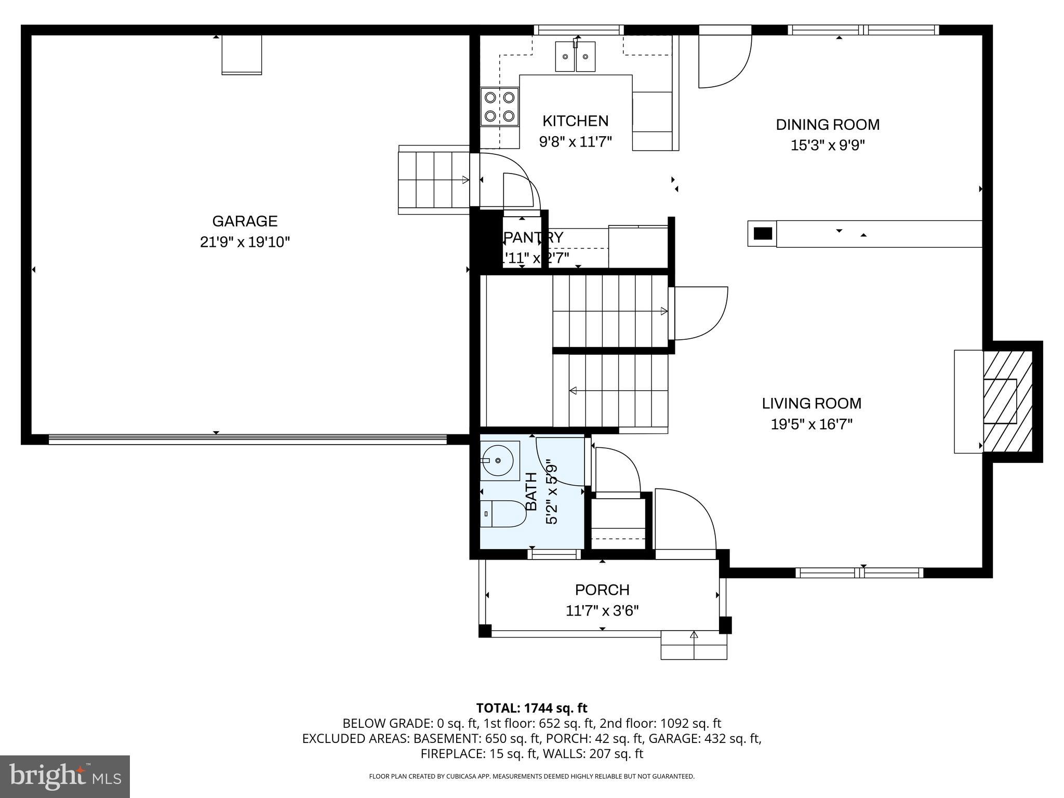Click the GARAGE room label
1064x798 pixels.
(x=245, y=221)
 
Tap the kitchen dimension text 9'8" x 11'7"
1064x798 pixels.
(x=575, y=141)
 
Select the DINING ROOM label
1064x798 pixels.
(x=828, y=125)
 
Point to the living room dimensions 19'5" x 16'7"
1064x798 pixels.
(x=812, y=424)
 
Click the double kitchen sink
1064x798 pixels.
(x=575, y=57)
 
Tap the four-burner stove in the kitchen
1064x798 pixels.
(x=499, y=107)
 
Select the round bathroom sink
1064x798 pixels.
(x=499, y=460)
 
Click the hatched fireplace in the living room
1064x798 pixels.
(x=1007, y=401)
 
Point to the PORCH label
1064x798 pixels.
(x=602, y=590)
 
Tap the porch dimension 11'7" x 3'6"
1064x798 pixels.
(x=602, y=610)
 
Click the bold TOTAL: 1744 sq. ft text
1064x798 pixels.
(x=531, y=708)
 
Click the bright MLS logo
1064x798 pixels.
(x=65, y=776)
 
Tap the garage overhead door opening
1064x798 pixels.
(x=247, y=440)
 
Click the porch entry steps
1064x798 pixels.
(x=694, y=645)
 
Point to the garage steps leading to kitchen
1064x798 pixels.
(x=433, y=180)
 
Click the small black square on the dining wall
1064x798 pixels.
(x=762, y=233)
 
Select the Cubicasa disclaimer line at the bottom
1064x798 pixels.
(x=531, y=776)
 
